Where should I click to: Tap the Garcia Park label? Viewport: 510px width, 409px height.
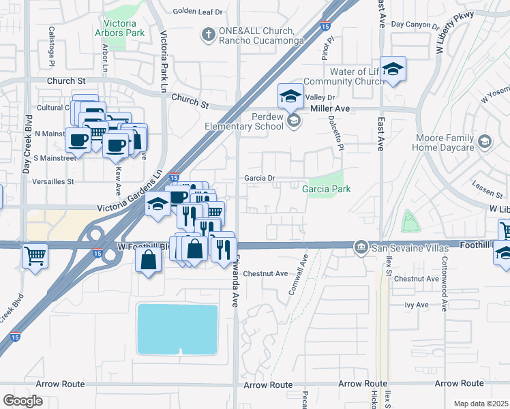tap(327, 189)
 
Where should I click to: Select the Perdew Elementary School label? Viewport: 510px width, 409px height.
tap(244, 121)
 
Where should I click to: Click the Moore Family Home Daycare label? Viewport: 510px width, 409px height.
tap(445, 142)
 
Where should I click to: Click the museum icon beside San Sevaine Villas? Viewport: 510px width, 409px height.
tap(361, 247)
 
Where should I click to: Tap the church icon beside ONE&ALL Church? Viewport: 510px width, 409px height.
tap(208, 33)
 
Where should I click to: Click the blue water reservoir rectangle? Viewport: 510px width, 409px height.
tap(177, 329)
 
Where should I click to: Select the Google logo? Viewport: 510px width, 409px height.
tap(22, 400)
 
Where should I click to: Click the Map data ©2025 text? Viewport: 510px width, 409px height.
tap(481, 404)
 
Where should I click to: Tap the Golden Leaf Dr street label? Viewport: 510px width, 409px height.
tap(198, 12)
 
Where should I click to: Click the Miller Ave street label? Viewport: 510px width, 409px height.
tap(329, 108)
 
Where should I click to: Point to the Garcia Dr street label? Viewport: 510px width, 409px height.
tap(260, 179)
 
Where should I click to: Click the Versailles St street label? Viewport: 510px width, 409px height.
tap(48, 182)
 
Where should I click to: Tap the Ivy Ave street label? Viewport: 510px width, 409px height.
tap(417, 305)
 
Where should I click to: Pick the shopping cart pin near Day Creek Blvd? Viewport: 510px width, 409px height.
tap(34, 256)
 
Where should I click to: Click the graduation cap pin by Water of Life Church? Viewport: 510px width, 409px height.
tap(393, 70)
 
